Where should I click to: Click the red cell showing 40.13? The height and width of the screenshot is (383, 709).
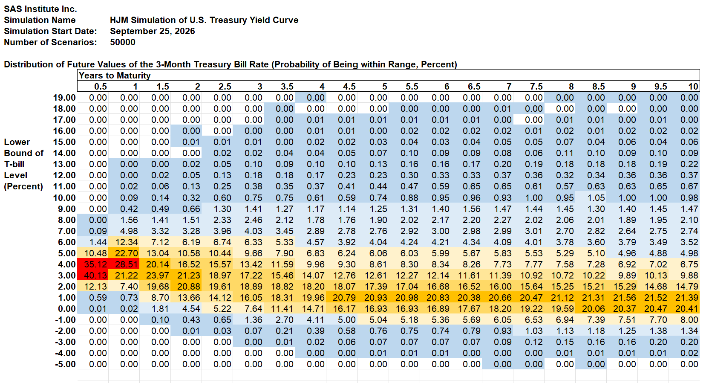pos(93,276)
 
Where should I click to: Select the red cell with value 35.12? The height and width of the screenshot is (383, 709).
pos(93,264)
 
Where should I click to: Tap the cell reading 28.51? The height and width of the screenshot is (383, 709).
pos(124,264)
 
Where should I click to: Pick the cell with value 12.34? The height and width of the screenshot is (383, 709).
pos(124,242)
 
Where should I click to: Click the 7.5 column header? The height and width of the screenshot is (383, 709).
pos(536,87)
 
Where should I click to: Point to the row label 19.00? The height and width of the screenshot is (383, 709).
pos(64,98)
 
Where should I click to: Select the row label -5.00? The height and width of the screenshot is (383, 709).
pos(66,364)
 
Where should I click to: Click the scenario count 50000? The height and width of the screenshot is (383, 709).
pos(122,43)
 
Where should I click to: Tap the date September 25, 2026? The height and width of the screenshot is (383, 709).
pos(152,32)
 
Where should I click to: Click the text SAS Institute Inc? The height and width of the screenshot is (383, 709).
pos(40,9)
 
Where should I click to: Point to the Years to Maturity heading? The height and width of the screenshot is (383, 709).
pos(115,75)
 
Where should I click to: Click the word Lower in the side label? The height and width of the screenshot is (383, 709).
pos(17,142)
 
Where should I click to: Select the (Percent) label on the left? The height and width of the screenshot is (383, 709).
pos(23,186)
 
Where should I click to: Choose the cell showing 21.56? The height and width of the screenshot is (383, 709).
pos(622,298)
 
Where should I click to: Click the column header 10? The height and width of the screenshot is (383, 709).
pos(693,87)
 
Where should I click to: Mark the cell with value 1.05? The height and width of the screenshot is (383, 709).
pos(591,198)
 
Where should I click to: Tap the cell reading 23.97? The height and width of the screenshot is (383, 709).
pos(155,276)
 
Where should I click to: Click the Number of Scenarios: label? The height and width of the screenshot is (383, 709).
pos(50,43)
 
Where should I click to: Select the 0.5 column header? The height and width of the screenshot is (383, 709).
pos(100,87)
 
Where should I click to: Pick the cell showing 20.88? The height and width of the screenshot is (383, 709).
pos(186,287)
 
